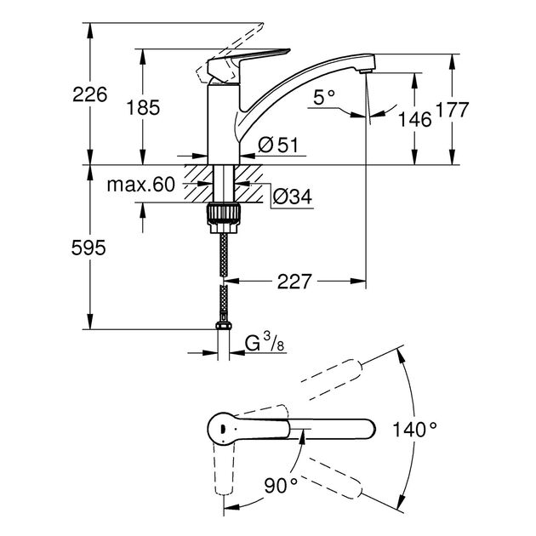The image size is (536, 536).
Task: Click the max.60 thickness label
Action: pos(140,185)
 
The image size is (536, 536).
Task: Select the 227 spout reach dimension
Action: pos(294,281)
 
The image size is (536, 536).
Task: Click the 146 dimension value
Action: pos(415,118)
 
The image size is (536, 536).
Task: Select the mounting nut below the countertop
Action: pos(222,214)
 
